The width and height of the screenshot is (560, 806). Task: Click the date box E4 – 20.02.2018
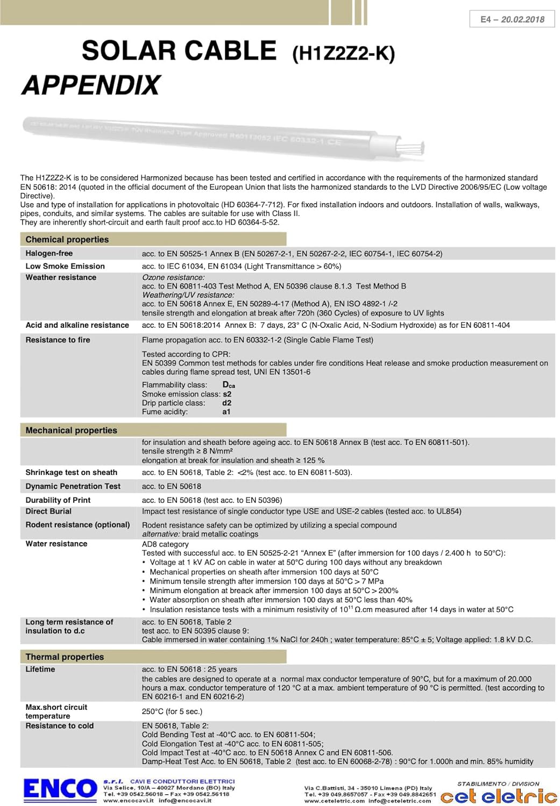click(512, 19)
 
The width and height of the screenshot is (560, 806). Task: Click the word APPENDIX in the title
click(91, 85)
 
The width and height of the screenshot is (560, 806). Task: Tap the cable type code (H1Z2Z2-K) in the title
click(343, 54)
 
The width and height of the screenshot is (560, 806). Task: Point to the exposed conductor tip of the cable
click(412, 146)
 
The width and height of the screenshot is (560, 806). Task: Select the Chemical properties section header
click(67, 240)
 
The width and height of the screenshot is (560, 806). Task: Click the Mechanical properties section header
click(71, 430)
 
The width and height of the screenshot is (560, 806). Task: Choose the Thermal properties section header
click(65, 657)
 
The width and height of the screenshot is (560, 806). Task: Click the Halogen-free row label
click(49, 254)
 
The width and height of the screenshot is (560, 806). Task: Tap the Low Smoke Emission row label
click(65, 266)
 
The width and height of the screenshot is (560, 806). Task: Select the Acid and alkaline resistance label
click(77, 325)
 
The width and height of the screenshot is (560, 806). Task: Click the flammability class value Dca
click(229, 385)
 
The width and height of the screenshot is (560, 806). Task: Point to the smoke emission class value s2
click(227, 394)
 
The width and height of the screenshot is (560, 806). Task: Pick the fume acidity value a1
click(226, 412)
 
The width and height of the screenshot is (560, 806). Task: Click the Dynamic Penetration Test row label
click(73, 486)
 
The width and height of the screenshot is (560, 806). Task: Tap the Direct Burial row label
click(48, 511)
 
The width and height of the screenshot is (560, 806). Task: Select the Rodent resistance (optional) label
click(77, 524)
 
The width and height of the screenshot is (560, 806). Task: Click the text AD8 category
click(165, 544)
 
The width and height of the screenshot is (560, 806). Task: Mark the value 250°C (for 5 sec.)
click(172, 711)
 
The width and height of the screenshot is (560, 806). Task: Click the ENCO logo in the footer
click(60, 789)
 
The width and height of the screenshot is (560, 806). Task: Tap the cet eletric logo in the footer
click(499, 796)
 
